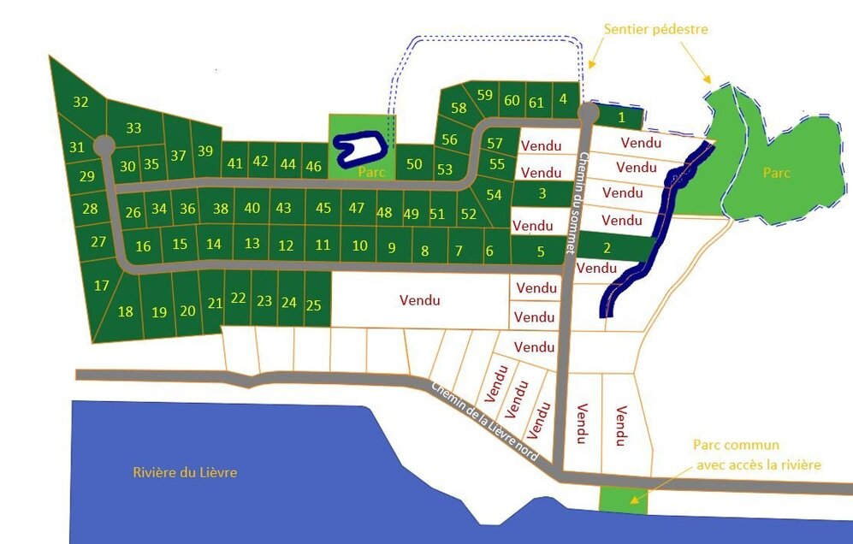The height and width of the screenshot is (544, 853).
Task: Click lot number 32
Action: pyautogui.click(x=80, y=103)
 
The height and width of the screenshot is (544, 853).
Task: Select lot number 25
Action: pyautogui.click(x=314, y=305)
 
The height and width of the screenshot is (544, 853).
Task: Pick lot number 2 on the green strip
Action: pyautogui.click(x=607, y=249)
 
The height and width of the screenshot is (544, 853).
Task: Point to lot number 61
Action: pyautogui.click(x=536, y=103)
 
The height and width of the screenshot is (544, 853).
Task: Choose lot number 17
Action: pyautogui.click(x=102, y=286)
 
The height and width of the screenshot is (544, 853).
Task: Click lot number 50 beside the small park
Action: pyautogui.click(x=414, y=164)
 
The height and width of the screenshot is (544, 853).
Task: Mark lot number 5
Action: pyautogui.click(x=541, y=251)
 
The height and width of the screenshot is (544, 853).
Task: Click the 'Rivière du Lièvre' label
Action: pyautogui.click(x=185, y=472)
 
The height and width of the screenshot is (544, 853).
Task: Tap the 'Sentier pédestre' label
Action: pyautogui.click(x=655, y=30)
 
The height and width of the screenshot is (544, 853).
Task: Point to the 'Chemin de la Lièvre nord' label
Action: pyautogui.click(x=483, y=422)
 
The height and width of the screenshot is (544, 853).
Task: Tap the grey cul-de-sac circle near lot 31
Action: pyautogui.click(x=104, y=145)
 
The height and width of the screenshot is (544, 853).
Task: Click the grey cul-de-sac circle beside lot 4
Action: pyautogui.click(x=588, y=112)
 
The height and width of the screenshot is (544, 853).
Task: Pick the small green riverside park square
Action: pyautogui.click(x=623, y=500)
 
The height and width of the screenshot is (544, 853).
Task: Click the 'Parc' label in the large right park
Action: pyautogui.click(x=776, y=173)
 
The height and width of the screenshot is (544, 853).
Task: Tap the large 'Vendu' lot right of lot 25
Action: pyautogui.click(x=419, y=300)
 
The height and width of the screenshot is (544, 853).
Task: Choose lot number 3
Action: pyautogui.click(x=542, y=193)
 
